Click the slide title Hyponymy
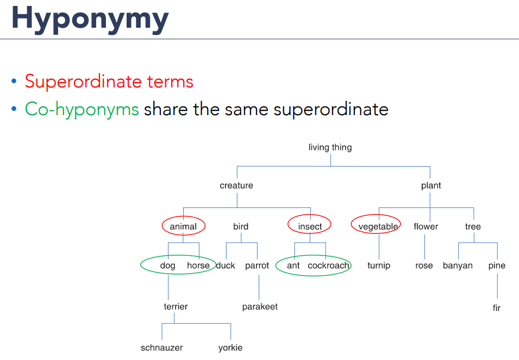(90, 19)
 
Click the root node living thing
(330, 148)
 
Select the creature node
(236, 186)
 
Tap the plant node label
(431, 186)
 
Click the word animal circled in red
(183, 226)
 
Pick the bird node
(241, 226)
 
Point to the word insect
(310, 226)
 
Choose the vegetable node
(378, 227)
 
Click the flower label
(426, 226)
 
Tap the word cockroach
(328, 266)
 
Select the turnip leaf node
(379, 266)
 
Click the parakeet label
(260, 307)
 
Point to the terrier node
(176, 306)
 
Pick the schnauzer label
(161, 348)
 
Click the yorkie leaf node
(230, 348)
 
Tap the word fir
(497, 308)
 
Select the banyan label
(458, 266)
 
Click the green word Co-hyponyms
(82, 109)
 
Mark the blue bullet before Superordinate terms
(14, 81)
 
